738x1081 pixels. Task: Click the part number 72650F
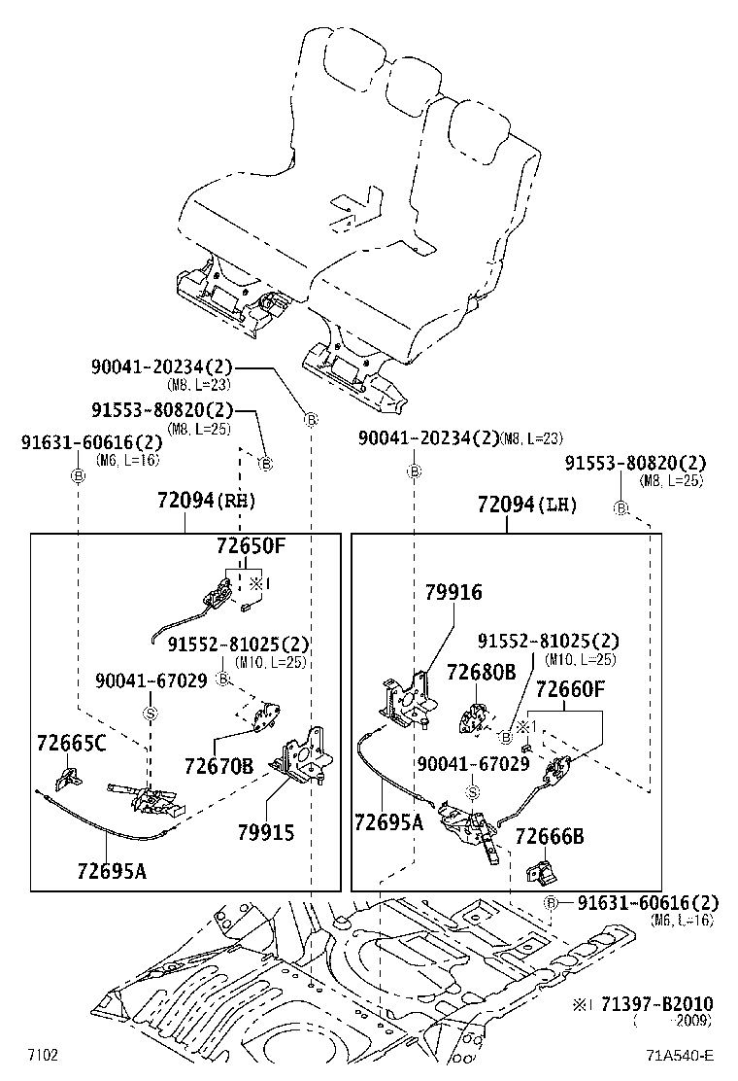click(251, 546)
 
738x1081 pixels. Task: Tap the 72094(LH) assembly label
click(527, 506)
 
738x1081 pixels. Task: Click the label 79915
click(265, 832)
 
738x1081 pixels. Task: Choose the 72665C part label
click(72, 744)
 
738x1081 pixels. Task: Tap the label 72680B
click(481, 673)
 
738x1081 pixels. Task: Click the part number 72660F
click(570, 690)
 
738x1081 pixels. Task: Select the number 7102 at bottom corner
click(42, 1056)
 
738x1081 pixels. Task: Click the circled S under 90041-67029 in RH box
click(151, 714)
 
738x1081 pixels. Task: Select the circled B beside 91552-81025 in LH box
click(505, 738)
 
